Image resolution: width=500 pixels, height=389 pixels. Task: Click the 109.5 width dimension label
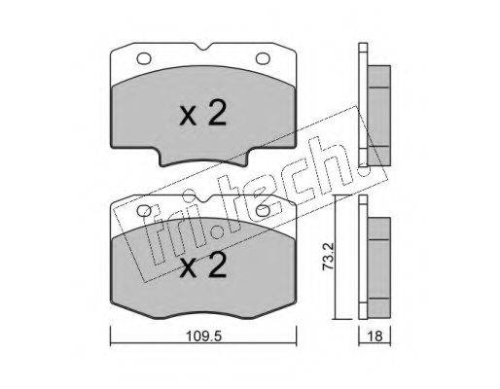(x=203, y=336)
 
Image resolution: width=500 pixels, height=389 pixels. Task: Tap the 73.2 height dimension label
(x=328, y=257)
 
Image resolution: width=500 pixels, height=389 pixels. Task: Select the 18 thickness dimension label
(x=375, y=336)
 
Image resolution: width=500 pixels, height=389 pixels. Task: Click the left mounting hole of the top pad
(x=144, y=58)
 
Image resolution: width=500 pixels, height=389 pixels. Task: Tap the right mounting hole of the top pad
(x=263, y=58)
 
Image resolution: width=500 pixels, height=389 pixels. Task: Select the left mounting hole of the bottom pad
(x=144, y=211)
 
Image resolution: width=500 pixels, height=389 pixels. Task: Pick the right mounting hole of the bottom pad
(x=263, y=211)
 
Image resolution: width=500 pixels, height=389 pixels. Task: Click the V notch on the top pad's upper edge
(x=203, y=47)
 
